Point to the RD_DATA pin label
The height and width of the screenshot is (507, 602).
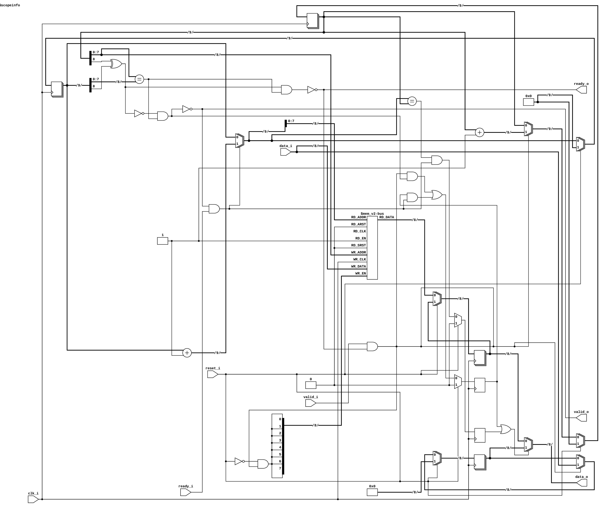pos(387,217)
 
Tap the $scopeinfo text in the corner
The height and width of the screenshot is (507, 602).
pos(10,5)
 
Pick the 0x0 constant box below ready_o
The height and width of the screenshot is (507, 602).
pos(528,102)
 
